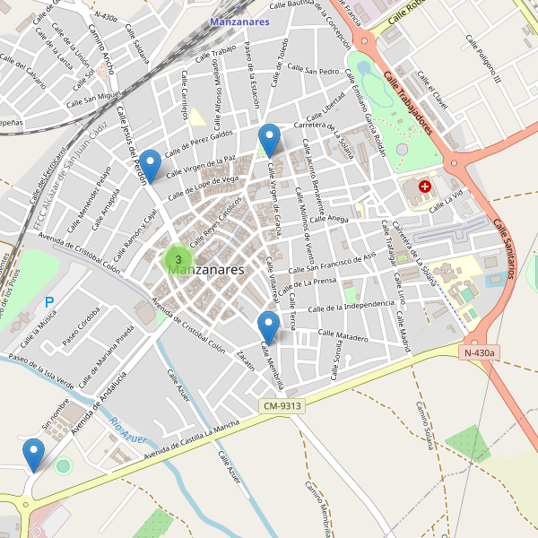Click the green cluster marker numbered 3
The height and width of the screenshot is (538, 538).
coord(178,260)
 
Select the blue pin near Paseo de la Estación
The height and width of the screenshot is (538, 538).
coord(269,139)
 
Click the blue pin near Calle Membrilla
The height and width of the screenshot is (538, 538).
coord(267,326)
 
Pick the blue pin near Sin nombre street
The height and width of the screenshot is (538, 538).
coord(34,454)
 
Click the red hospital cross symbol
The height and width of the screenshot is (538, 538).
coord(424,187)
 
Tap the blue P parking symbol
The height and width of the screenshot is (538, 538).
coord(49,303)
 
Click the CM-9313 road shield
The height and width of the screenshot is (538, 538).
coord(284,405)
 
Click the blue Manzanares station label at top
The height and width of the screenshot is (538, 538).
coord(239,22)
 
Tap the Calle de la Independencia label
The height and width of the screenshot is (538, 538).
coord(351,308)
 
